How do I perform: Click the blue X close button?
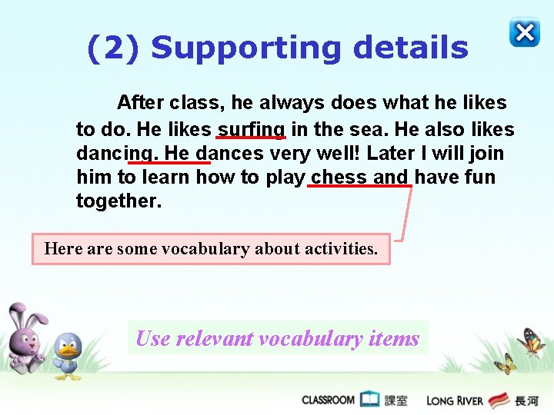(x=524, y=33)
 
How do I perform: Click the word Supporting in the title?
(x=245, y=48)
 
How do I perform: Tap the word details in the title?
(x=410, y=48)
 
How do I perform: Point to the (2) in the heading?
(x=113, y=48)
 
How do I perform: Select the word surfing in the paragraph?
(x=252, y=129)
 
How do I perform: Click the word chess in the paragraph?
(x=339, y=178)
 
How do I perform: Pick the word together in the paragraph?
(x=118, y=201)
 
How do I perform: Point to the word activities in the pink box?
(x=341, y=249)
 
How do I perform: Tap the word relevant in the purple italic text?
(x=215, y=338)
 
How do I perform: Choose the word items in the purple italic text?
(x=394, y=338)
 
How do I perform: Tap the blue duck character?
(x=68, y=355)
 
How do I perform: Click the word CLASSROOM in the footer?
(x=328, y=400)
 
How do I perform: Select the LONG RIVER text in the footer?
(x=455, y=400)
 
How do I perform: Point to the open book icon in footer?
(x=370, y=399)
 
